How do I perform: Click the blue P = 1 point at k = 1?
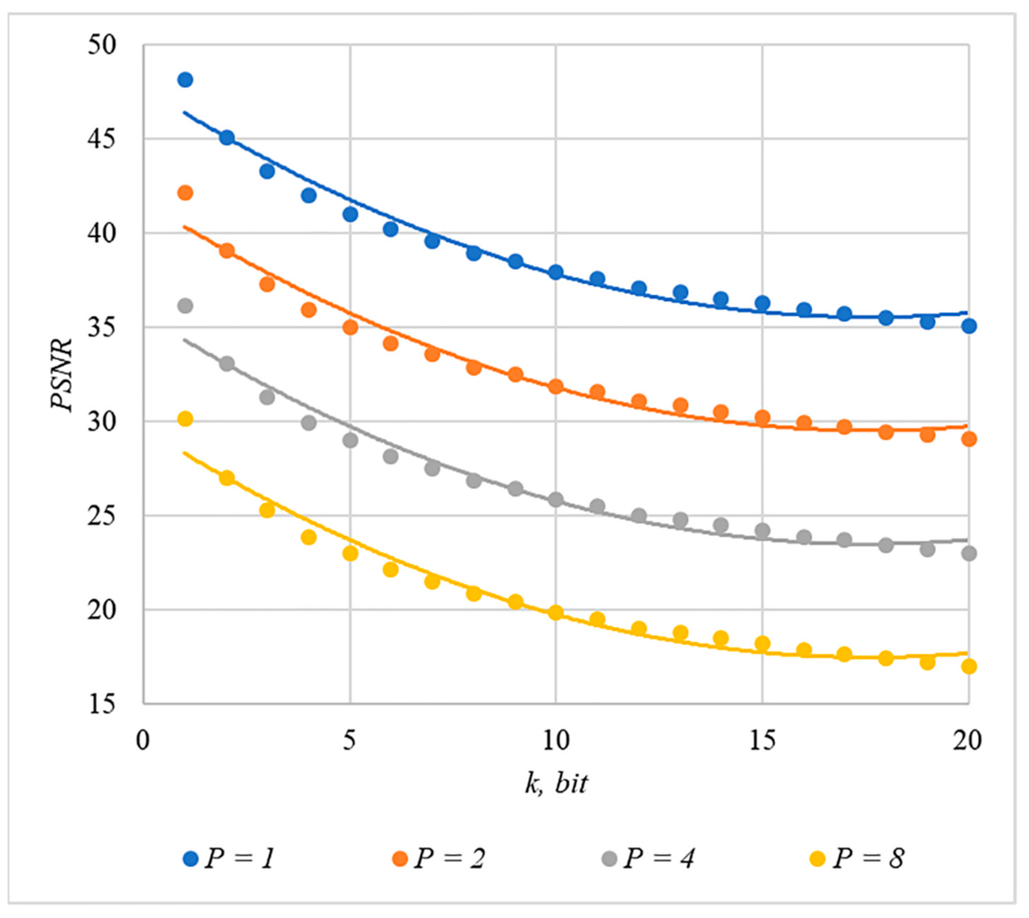(x=185, y=80)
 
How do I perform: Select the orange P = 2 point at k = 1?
(x=185, y=193)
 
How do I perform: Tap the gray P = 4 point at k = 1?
(x=185, y=306)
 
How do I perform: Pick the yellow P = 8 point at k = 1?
(x=185, y=419)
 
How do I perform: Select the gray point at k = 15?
(x=762, y=530)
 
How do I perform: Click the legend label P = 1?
(x=239, y=858)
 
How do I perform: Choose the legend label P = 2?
(x=449, y=858)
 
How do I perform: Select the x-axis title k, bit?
(x=556, y=783)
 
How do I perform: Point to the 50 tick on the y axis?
(x=102, y=45)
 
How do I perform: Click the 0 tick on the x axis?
(x=144, y=740)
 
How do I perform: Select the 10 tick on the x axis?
(x=556, y=740)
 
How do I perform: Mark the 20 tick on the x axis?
(x=967, y=740)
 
